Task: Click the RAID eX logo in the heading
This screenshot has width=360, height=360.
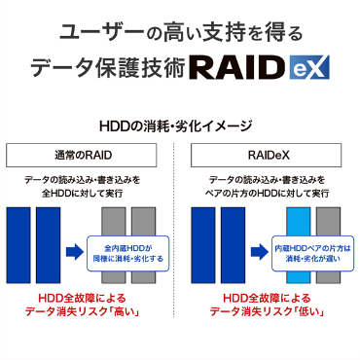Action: click(260, 67)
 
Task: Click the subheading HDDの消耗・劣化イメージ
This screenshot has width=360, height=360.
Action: click(180, 126)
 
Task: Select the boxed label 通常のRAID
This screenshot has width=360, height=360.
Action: click(89, 154)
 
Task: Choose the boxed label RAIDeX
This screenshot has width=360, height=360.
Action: click(270, 154)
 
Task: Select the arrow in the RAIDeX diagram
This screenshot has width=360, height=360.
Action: click(256, 253)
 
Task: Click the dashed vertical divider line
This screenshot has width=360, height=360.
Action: click(180, 243)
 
